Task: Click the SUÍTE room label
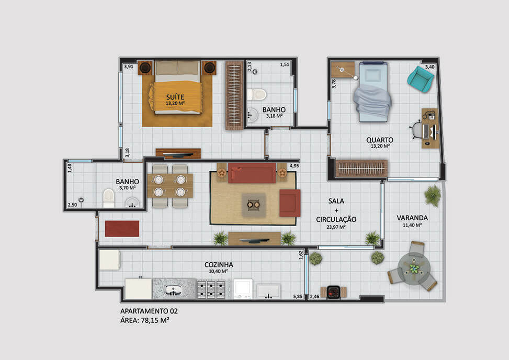(x=175, y=97)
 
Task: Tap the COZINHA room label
(x=219, y=265)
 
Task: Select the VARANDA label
(x=412, y=218)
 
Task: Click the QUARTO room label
(x=380, y=140)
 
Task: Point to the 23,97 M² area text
(x=336, y=227)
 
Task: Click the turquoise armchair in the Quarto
(x=421, y=80)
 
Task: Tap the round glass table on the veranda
(x=414, y=269)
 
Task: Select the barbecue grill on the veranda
(x=333, y=291)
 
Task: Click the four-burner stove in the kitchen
(x=211, y=289)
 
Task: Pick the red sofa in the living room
(x=252, y=173)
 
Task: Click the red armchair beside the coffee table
(x=290, y=203)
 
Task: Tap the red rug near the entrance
(x=122, y=229)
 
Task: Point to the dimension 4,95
(x=295, y=165)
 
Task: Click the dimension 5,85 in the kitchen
(x=298, y=296)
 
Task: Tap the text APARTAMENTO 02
(x=149, y=311)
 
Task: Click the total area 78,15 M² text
(x=155, y=320)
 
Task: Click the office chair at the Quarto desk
(x=417, y=130)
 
